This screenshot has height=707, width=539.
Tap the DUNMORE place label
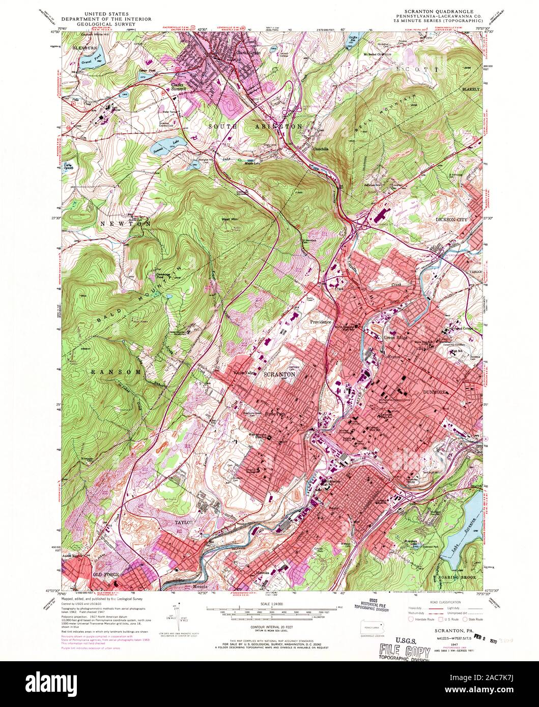click(434, 392)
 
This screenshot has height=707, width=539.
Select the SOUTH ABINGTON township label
click(257, 126)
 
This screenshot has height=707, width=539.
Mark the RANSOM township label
click(116, 372)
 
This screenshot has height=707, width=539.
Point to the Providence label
click(318, 322)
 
